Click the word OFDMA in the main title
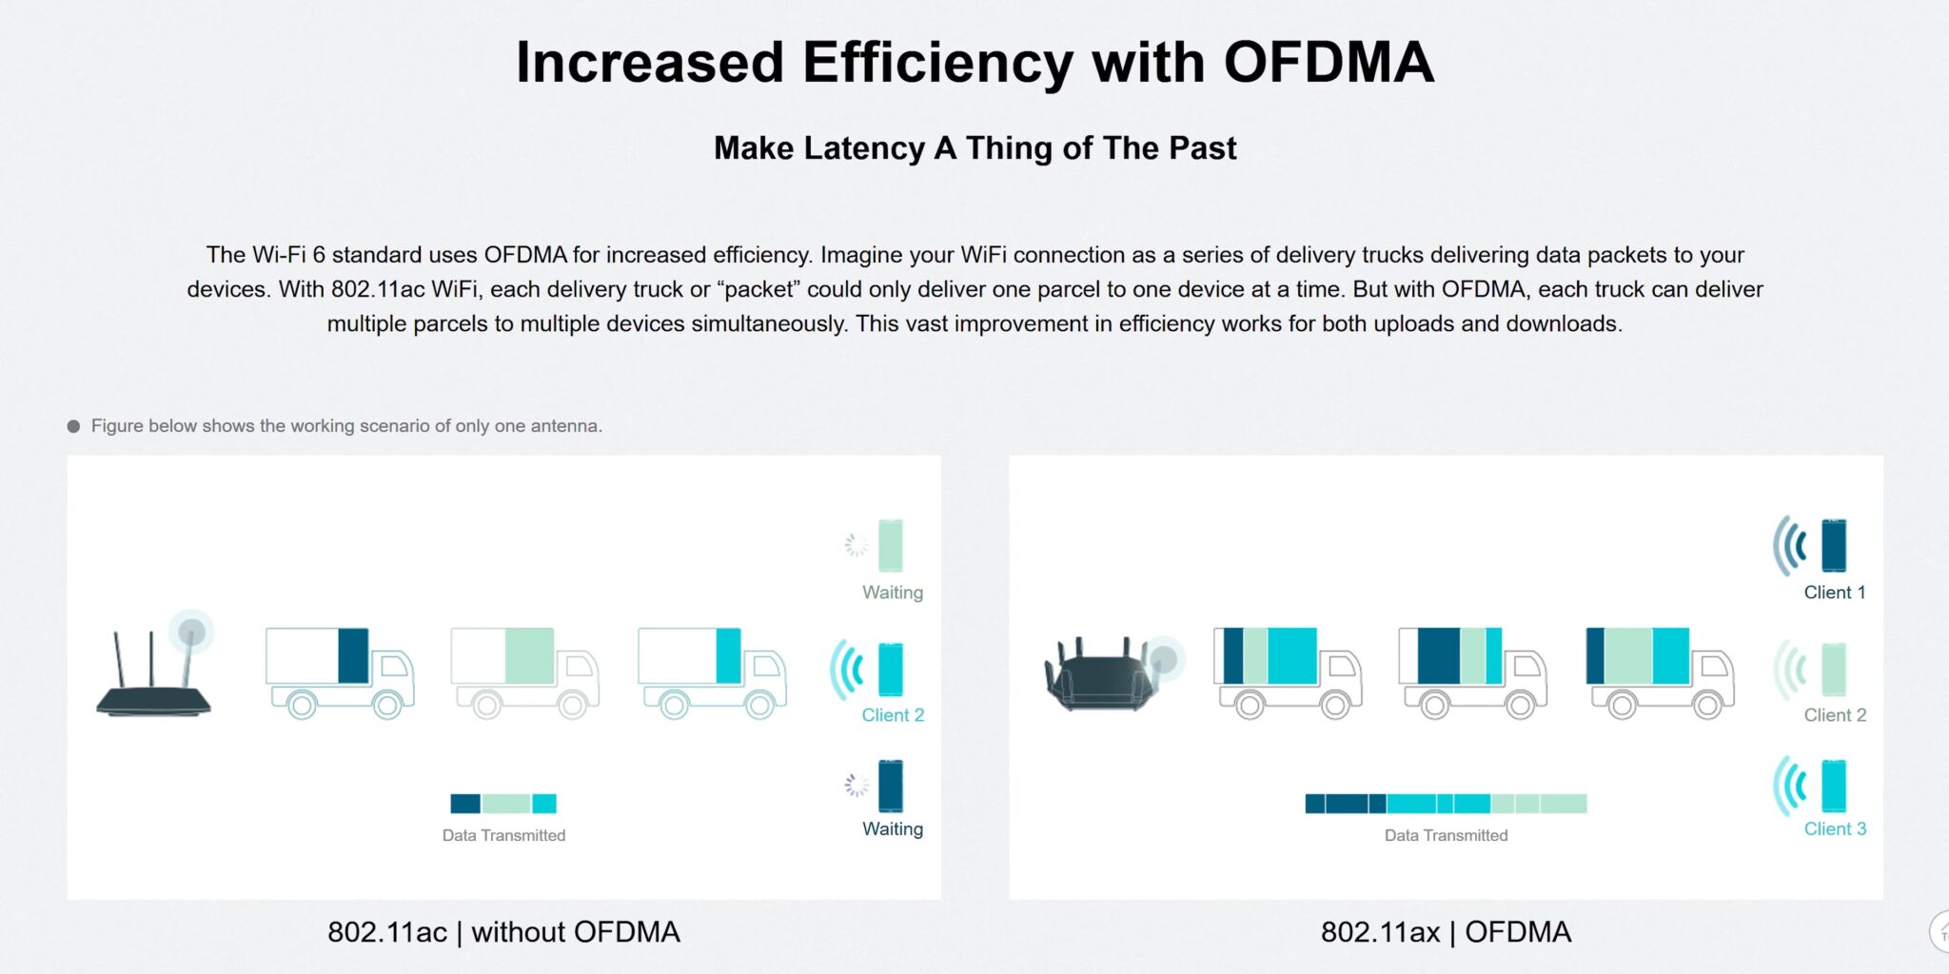pos(1328,63)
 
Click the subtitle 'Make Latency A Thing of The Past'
pos(974,148)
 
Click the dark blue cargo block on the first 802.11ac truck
pos(353,655)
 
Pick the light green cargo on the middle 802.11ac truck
pos(529,655)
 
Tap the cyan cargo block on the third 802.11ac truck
pos(728,655)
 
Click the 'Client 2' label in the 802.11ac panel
pos(893,715)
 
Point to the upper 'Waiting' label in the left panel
pos(893,593)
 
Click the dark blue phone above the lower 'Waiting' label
pos(891,786)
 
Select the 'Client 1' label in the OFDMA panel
pos(1835,593)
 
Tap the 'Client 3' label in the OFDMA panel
pos(1835,829)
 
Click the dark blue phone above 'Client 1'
pos(1834,545)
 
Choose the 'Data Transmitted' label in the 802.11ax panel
pos(1446,836)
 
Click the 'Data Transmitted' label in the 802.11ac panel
pos(503,836)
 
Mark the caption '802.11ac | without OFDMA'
pos(503,932)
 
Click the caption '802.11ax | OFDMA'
pos(1446,932)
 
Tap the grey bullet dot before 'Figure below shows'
pos(73,426)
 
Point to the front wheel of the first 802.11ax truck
pos(1335,705)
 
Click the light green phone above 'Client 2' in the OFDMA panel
pos(1834,670)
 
